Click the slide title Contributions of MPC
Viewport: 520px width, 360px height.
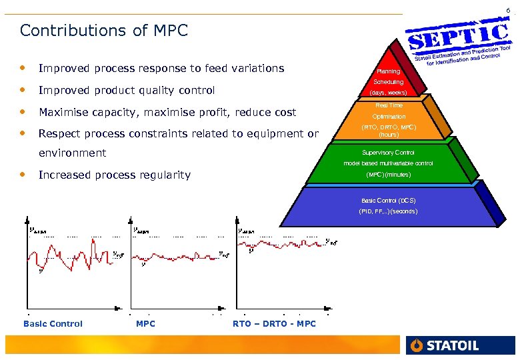click(104, 31)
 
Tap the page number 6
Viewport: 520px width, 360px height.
click(508, 10)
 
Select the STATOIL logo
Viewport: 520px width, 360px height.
click(445, 345)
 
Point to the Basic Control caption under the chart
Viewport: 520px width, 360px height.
click(53, 324)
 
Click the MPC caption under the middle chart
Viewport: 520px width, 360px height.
click(145, 324)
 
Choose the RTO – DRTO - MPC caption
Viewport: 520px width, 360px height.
click(274, 324)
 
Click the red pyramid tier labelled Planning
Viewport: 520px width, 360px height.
click(389, 71)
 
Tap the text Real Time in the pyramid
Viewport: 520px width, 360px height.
click(389, 105)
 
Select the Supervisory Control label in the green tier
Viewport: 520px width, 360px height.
click(388, 153)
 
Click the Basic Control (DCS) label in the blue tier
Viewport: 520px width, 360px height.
click(388, 200)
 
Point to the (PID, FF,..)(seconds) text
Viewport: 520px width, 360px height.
click(388, 211)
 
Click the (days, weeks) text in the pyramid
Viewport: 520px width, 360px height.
click(389, 93)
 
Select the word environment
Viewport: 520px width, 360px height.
click(72, 153)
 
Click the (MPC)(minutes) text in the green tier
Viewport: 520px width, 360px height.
click(388, 175)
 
